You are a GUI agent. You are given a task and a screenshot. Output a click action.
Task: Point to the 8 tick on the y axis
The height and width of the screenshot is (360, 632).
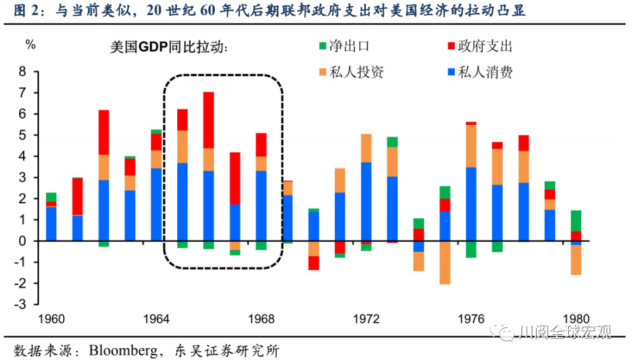click(23, 72)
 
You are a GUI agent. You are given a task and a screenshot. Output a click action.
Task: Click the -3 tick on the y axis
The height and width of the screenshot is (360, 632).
click(22, 304)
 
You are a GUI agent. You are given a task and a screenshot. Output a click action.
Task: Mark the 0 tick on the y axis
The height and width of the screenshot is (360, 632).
click(23, 241)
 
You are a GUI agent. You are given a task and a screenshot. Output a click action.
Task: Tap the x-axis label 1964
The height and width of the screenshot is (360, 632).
click(156, 320)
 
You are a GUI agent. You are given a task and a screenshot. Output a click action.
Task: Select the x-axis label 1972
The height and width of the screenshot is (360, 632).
click(366, 320)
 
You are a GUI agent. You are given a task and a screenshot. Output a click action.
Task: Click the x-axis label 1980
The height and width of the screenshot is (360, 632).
click(576, 320)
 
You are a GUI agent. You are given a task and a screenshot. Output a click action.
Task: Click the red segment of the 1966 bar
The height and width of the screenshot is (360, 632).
click(208, 120)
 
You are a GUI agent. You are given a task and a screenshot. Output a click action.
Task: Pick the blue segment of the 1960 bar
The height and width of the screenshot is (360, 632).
click(51, 224)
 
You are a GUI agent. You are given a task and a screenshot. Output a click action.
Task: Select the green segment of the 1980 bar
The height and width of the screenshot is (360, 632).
click(576, 221)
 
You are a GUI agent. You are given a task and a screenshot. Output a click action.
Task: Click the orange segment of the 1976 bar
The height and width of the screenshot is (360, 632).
click(471, 146)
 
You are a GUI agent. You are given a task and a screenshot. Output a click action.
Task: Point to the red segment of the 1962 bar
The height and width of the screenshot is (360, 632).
click(104, 132)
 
